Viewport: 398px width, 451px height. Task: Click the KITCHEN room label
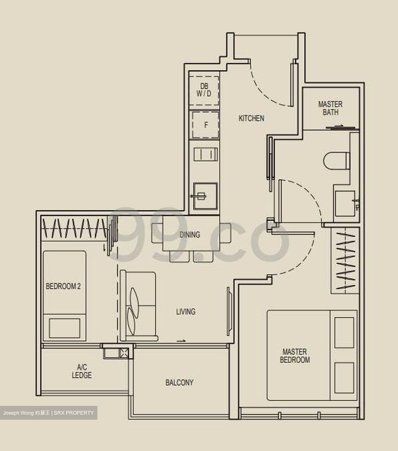coord(251,118)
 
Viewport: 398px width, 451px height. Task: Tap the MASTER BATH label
coord(330,108)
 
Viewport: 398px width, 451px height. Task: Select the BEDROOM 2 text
coord(63,286)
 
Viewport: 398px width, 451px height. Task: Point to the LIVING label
coord(186,311)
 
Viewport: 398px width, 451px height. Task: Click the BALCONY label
coord(179,382)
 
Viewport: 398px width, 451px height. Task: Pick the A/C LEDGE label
coord(82,371)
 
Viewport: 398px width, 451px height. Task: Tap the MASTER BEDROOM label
coord(295,356)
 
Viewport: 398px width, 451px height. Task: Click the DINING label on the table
coord(190,234)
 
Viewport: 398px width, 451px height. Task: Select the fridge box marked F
coord(205,125)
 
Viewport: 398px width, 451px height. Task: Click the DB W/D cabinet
coord(204,90)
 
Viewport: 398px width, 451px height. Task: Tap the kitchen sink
coord(205,196)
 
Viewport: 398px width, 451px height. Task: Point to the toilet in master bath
coord(336,161)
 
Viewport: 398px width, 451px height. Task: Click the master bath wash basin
coord(346,203)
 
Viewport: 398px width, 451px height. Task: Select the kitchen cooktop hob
coord(205,154)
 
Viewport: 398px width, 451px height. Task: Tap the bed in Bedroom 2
coord(65,295)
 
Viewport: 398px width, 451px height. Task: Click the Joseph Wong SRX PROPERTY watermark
coord(49,413)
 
